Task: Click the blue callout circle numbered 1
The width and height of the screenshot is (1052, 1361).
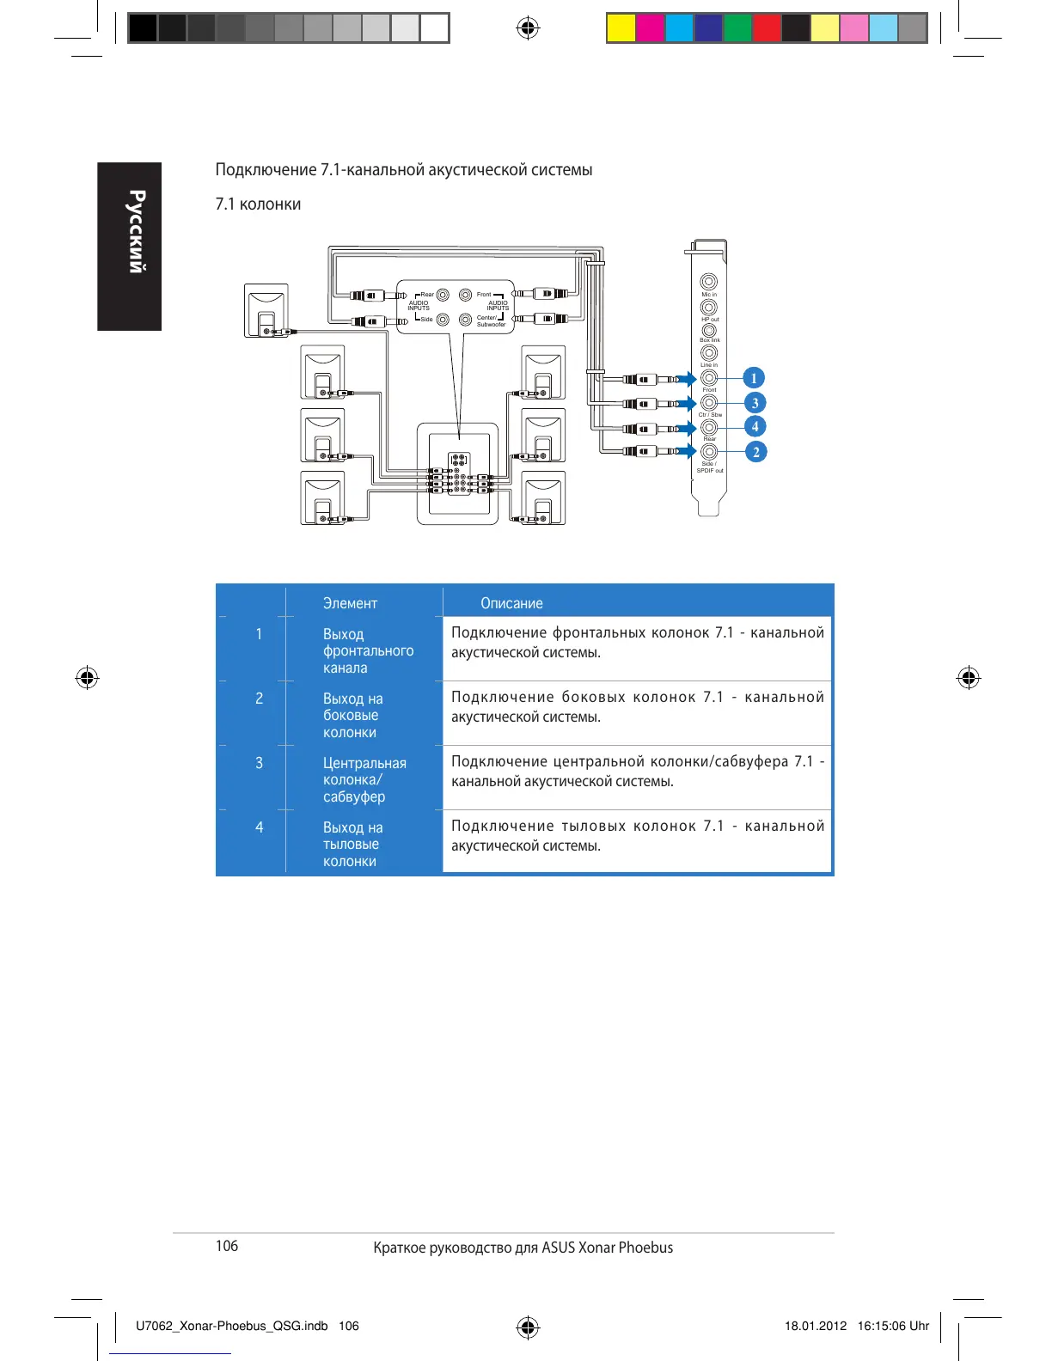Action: pos(754,378)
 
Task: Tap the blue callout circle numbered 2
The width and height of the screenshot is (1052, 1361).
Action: pos(755,452)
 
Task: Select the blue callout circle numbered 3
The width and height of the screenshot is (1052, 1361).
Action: pos(755,403)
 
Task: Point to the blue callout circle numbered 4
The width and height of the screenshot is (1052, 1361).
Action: pos(755,427)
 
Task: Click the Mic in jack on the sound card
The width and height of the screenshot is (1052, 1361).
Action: pos(708,281)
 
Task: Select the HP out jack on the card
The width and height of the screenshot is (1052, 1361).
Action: pos(708,307)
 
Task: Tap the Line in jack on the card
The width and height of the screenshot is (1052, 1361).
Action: pos(708,353)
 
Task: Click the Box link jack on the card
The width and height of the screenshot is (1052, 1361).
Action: pos(708,330)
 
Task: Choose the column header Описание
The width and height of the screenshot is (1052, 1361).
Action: pos(511,603)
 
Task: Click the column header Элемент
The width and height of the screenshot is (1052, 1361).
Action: pos(350,603)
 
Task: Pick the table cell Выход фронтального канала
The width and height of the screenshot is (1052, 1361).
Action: pos(368,650)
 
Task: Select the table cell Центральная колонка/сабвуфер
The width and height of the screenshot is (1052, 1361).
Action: pos(364,779)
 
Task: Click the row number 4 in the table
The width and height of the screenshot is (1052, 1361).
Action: pos(259,827)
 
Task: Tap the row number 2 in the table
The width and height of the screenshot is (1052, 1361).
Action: pos(259,699)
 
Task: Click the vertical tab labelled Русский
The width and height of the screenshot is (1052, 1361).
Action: pos(130,247)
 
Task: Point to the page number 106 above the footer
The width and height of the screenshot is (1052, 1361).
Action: pos(227,1246)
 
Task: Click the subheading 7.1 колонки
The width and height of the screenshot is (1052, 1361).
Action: pos(258,204)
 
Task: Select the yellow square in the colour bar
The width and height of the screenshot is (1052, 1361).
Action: pos(621,28)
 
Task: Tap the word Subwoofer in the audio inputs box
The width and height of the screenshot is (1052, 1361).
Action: pos(491,325)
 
